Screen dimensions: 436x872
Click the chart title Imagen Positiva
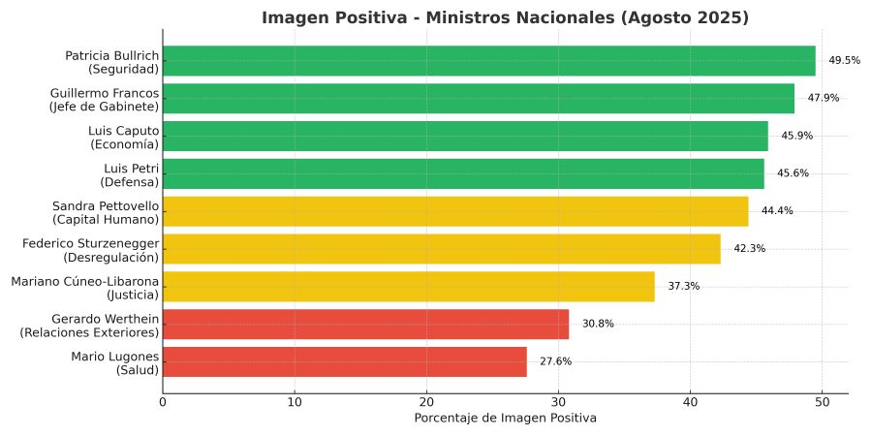[x=505, y=17]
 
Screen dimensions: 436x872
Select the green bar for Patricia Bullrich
[x=489, y=61]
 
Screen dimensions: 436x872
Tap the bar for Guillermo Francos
[x=479, y=99]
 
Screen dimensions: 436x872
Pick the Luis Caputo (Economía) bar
[x=465, y=137]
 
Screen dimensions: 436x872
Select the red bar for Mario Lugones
[x=345, y=361]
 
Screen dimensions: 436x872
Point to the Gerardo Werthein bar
[x=365, y=324]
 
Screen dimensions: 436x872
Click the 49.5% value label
[x=844, y=61]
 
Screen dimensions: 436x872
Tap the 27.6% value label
[x=555, y=361]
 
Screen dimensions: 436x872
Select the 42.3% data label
[x=749, y=249]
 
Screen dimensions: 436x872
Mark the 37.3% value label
[x=683, y=287]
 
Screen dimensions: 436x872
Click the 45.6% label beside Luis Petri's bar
[x=793, y=174]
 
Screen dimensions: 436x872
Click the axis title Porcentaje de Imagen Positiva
[x=505, y=419]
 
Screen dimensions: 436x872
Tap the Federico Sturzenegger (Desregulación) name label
[x=90, y=249]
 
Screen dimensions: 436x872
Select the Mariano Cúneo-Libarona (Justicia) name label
[x=84, y=287]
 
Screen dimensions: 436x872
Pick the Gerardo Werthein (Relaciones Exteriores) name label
[x=89, y=324]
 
